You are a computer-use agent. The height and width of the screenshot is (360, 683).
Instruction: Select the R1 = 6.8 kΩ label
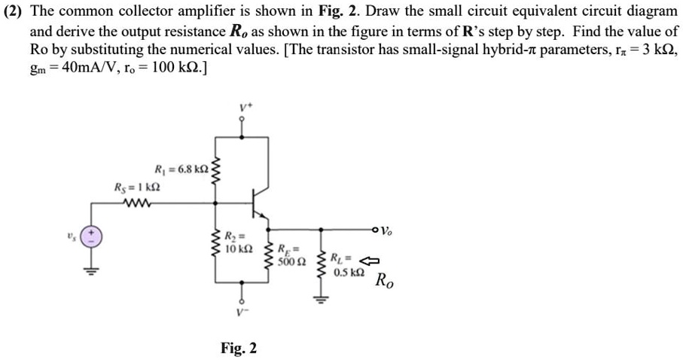(x=179, y=169)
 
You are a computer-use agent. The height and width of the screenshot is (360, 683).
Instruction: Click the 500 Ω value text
(x=291, y=262)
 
